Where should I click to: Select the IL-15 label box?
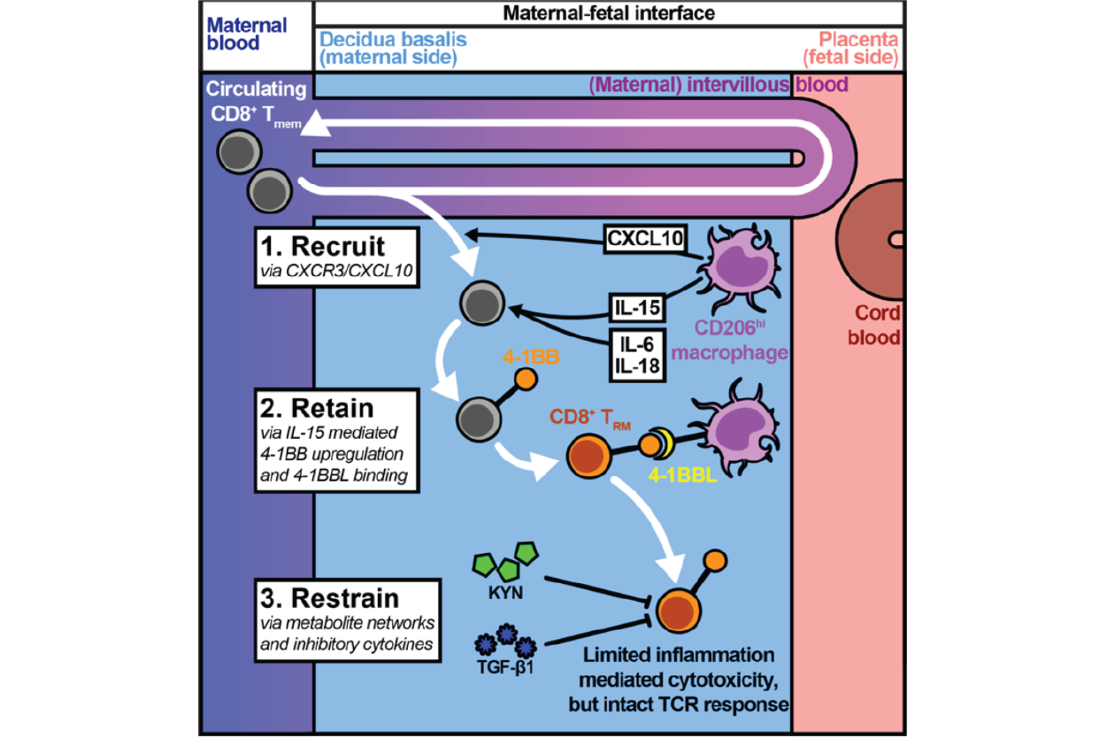[635, 306]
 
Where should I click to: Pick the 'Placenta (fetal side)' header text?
[857, 49]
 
